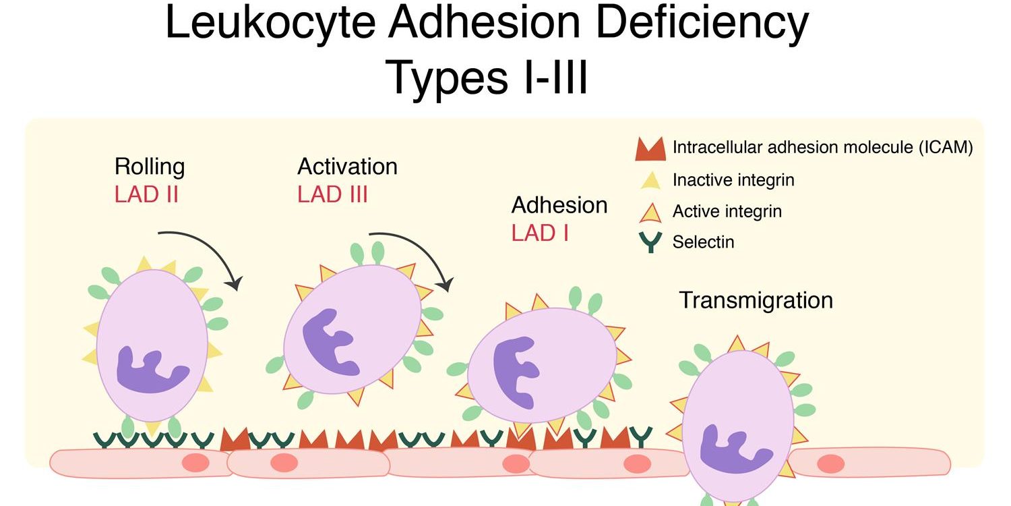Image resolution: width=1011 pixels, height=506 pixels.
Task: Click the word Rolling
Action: [149, 166]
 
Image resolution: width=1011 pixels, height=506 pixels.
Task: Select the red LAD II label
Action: [146, 194]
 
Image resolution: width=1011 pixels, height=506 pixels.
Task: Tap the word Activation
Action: [347, 166]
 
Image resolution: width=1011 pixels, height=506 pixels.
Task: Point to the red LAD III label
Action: [332, 194]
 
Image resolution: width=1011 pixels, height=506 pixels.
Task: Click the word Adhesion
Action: [559, 204]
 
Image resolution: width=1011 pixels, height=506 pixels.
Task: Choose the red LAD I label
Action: [539, 233]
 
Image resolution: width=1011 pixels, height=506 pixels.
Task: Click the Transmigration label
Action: [756, 300]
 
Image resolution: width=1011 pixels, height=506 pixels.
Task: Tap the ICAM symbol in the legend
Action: [650, 149]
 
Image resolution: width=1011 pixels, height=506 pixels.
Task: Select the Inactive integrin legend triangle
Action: [650, 179]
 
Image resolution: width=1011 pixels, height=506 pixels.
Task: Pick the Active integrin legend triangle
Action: [650, 212]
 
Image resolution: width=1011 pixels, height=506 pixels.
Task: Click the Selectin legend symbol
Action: [650, 242]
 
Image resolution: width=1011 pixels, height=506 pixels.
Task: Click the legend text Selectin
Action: [703, 242]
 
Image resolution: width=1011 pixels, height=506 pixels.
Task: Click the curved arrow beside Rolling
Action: [202, 253]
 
